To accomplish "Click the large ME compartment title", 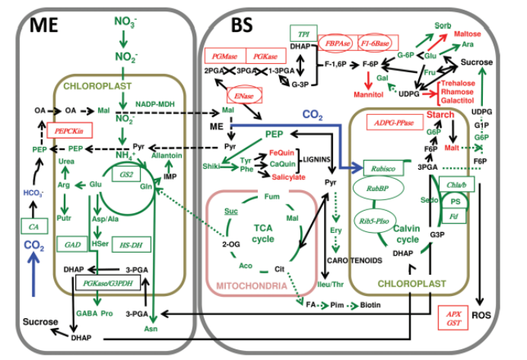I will click(x=46, y=25).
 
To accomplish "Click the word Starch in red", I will click(x=440, y=114).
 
